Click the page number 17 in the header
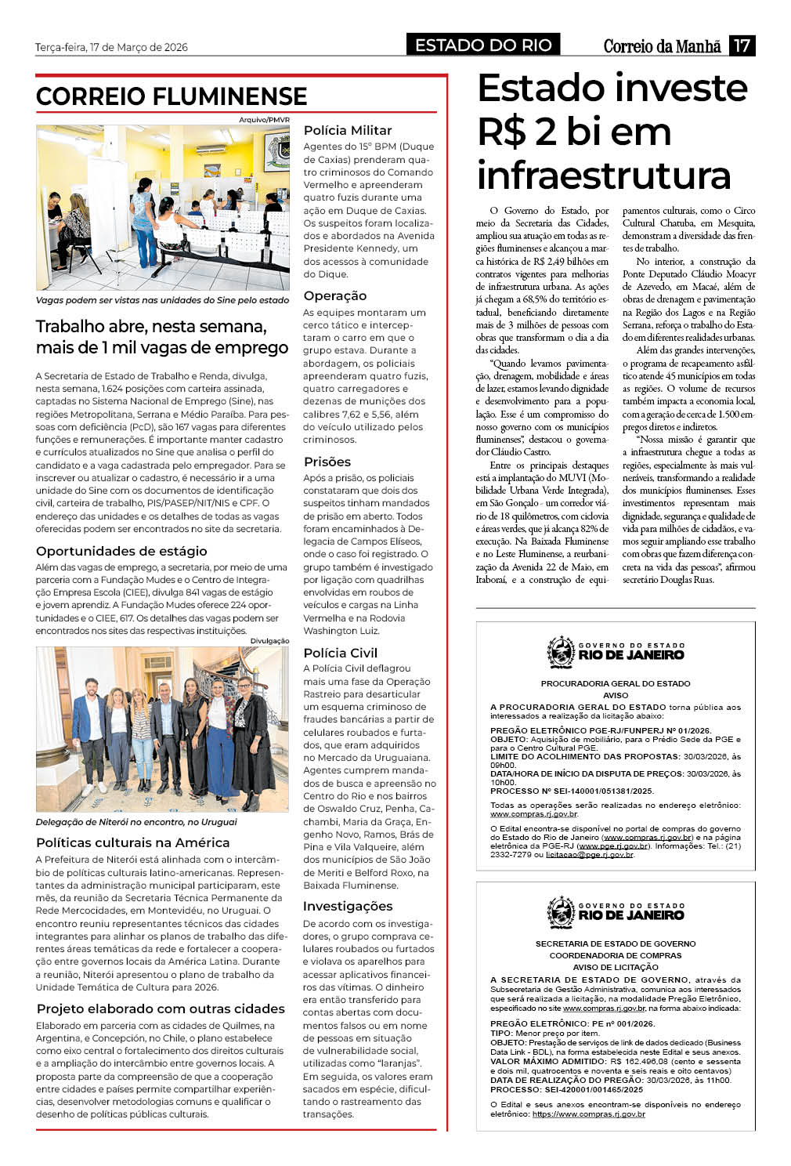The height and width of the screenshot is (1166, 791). point(741,45)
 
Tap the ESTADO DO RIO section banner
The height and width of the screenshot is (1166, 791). point(483,45)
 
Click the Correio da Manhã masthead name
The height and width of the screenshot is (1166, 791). point(662,46)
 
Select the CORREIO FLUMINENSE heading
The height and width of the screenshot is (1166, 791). point(172,96)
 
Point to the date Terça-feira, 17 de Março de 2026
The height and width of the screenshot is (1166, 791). point(111,47)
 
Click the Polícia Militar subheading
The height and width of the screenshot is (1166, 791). point(348,130)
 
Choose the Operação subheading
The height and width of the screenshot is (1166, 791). point(334,295)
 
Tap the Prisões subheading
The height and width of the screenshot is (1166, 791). point(327,462)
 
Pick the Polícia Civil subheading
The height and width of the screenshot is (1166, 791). point(340,653)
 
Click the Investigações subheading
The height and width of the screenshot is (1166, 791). point(348,906)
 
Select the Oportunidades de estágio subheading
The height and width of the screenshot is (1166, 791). point(121,551)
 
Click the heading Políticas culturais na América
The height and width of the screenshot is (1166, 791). point(132,842)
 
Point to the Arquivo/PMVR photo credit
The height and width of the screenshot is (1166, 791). point(264,120)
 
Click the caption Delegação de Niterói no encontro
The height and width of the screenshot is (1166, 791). point(136,822)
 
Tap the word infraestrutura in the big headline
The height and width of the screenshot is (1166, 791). point(604,175)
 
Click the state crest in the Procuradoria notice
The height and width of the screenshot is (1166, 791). point(561,652)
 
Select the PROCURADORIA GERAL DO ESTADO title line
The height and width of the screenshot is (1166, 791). point(615,683)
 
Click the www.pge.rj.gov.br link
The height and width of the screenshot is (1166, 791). point(613,846)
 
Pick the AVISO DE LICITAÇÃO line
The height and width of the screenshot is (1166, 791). point(615,967)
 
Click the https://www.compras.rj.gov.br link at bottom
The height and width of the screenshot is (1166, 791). point(588,1113)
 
